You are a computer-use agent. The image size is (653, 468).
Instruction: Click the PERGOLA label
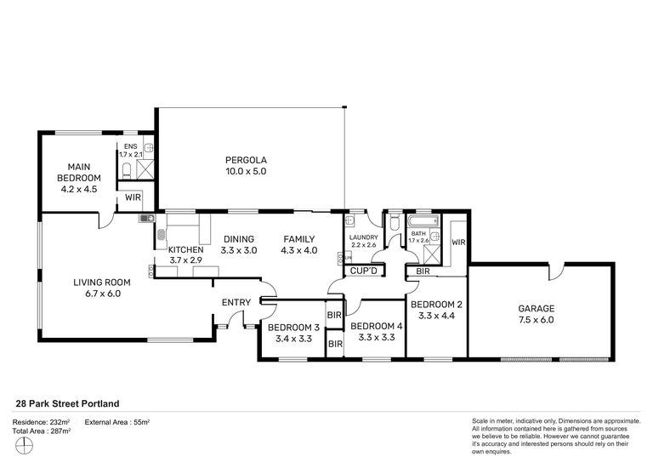pos(246,160)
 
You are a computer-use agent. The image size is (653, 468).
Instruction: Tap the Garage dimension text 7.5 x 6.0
pos(536,320)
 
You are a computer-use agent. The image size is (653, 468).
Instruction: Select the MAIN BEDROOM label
pos(79,172)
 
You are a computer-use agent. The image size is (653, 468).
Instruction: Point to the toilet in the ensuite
pos(127,169)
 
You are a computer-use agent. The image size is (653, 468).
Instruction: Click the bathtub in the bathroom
pos(423,220)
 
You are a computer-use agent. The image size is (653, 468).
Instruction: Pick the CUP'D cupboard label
pos(364,271)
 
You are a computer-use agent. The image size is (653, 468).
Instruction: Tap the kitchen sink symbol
pos(146,218)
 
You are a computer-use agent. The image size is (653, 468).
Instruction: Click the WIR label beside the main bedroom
pos(133,197)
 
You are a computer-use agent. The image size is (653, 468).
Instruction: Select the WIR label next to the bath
pos(458,243)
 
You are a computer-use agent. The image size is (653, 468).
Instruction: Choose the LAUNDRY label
pos(364,237)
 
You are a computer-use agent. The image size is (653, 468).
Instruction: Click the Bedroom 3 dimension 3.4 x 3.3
pos(293,339)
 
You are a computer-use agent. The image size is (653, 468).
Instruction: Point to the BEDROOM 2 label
pos(436,305)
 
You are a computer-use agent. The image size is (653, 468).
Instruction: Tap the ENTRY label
pos(236,303)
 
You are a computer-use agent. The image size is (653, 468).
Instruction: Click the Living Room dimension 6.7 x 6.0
pos(103,294)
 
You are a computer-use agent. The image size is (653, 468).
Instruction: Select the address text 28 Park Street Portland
pos(67,403)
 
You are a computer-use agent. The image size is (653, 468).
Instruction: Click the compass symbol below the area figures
pos(24,446)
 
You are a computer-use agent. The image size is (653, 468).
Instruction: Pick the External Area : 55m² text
pos(117,422)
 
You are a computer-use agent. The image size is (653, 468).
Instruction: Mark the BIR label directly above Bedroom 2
pos(423,271)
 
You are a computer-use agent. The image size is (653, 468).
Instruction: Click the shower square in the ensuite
pos(145,168)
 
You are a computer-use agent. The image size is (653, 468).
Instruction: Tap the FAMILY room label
pos(299,239)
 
